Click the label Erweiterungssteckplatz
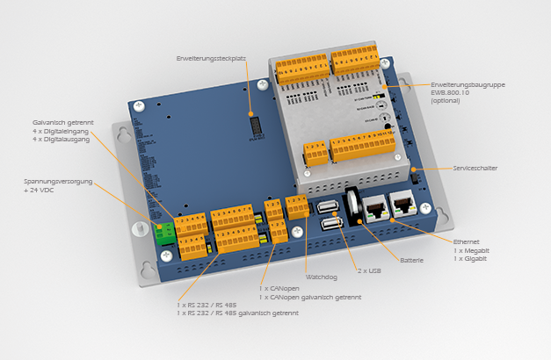(x=211, y=58)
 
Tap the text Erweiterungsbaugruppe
(x=468, y=85)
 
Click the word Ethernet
(x=468, y=241)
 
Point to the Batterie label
(x=411, y=260)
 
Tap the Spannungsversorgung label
(x=59, y=182)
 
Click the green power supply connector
(x=164, y=234)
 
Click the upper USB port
(x=328, y=207)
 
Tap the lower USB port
(x=331, y=226)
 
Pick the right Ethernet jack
(x=402, y=205)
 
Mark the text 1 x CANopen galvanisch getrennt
(x=310, y=297)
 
